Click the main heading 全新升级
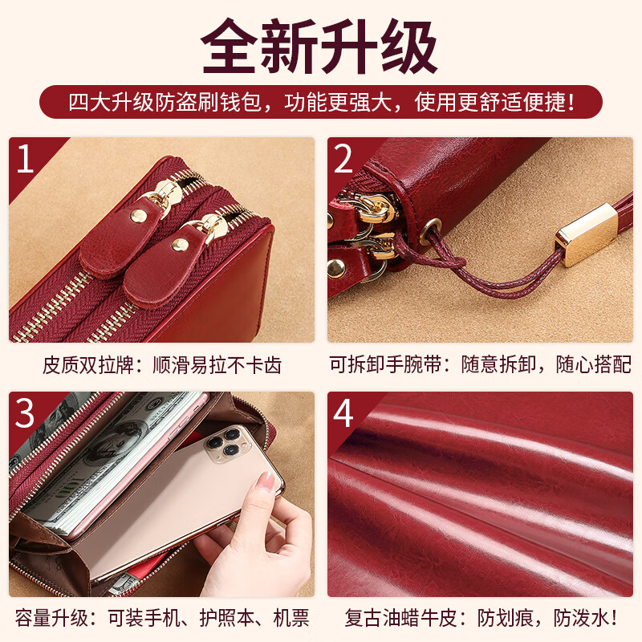coord(320,47)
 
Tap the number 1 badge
coord(26,160)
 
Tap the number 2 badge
coord(344,160)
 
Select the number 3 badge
coord(26,413)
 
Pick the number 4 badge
coord(344,413)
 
